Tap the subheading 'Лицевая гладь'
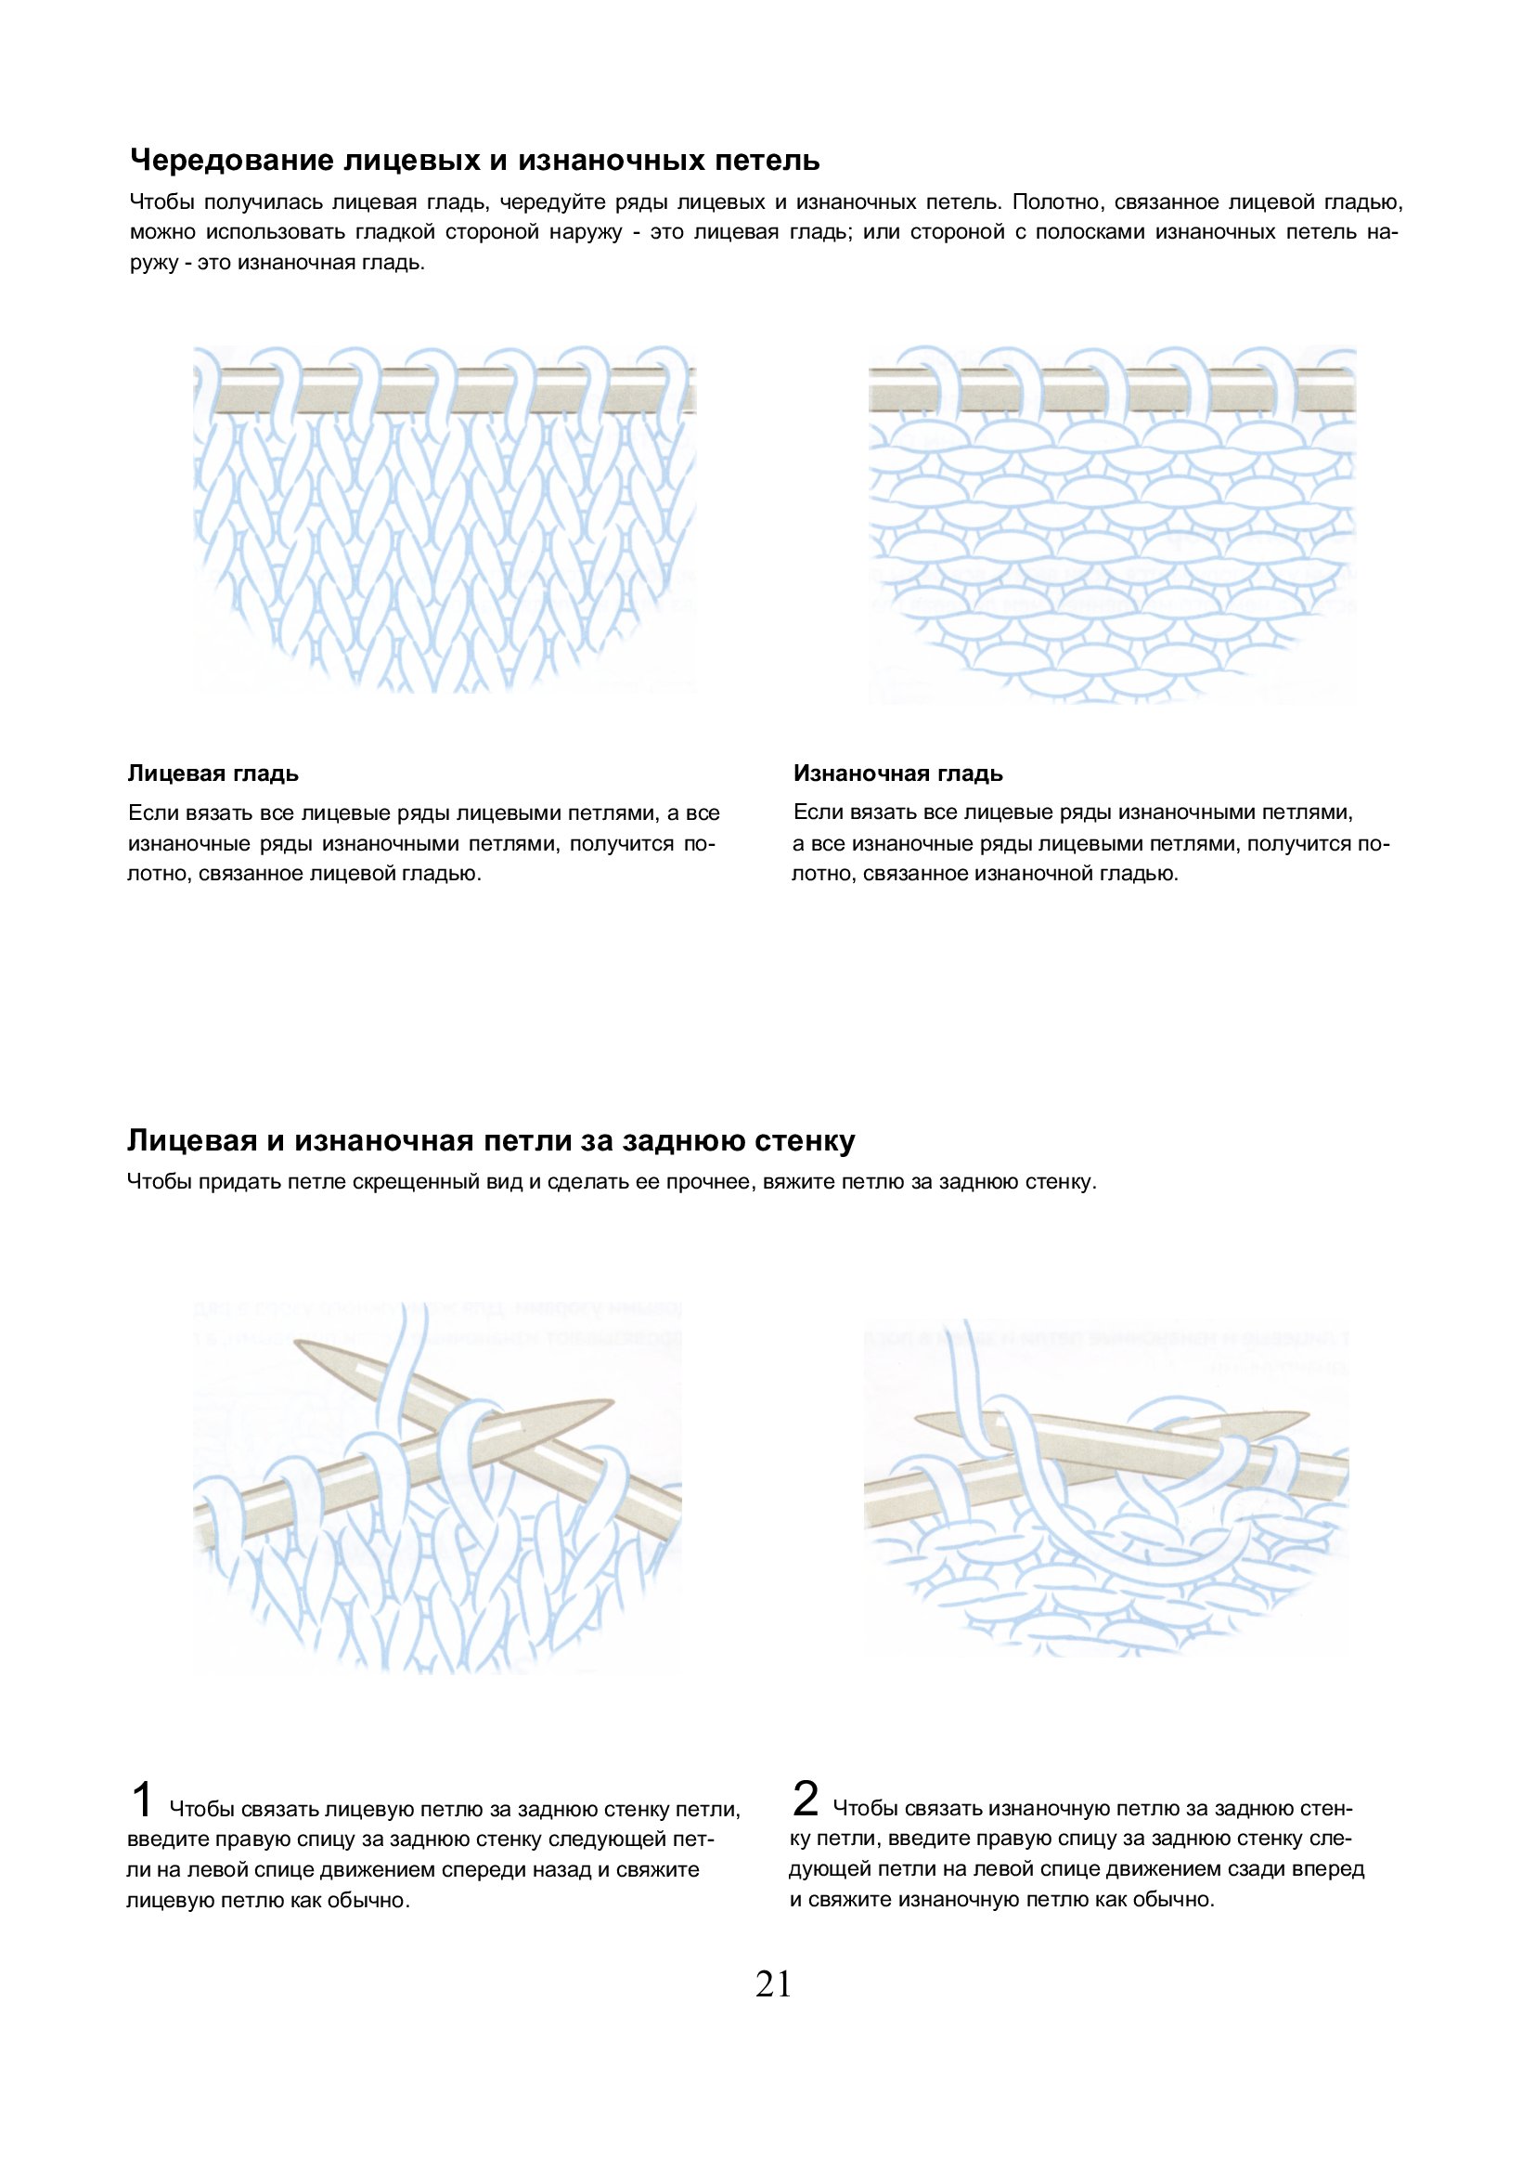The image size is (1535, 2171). pyautogui.click(x=213, y=773)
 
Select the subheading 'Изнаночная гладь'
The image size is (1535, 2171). pyautogui.click(x=898, y=773)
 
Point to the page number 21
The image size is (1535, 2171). pyautogui.click(x=773, y=1985)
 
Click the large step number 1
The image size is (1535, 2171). pyautogui.click(x=141, y=1800)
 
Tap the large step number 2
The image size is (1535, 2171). pyautogui.click(x=806, y=1800)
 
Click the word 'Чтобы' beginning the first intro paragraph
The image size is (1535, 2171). pyautogui.click(x=161, y=202)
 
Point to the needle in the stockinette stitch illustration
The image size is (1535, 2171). pyautogui.click(x=445, y=391)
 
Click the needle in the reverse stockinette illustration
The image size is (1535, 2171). pyautogui.click(x=1111, y=390)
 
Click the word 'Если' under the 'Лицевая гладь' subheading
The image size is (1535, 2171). pyautogui.click(x=148, y=814)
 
